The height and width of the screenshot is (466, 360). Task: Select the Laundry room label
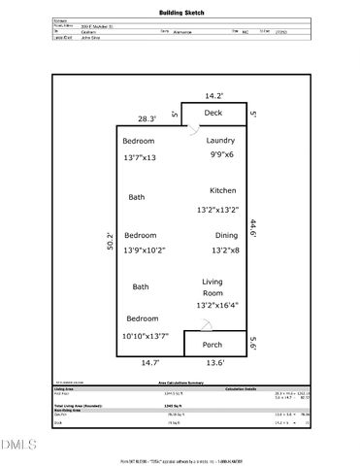[x=220, y=141]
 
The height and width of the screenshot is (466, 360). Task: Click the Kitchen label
[x=222, y=190]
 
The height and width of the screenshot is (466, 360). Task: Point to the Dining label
[x=225, y=235]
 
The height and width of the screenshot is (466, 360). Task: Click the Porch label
[x=213, y=345]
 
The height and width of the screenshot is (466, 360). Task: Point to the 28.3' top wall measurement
[x=146, y=117]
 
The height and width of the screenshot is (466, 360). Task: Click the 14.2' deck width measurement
[x=213, y=95]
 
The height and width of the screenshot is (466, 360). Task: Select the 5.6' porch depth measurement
[x=254, y=344]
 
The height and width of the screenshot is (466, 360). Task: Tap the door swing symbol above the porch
[x=194, y=327]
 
